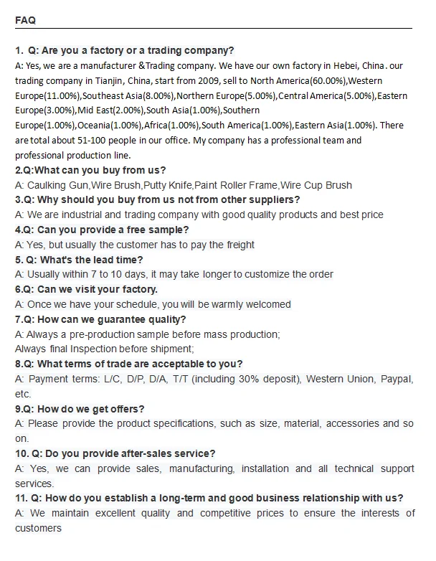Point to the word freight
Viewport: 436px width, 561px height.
click(238, 245)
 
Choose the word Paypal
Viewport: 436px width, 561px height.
click(397, 379)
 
